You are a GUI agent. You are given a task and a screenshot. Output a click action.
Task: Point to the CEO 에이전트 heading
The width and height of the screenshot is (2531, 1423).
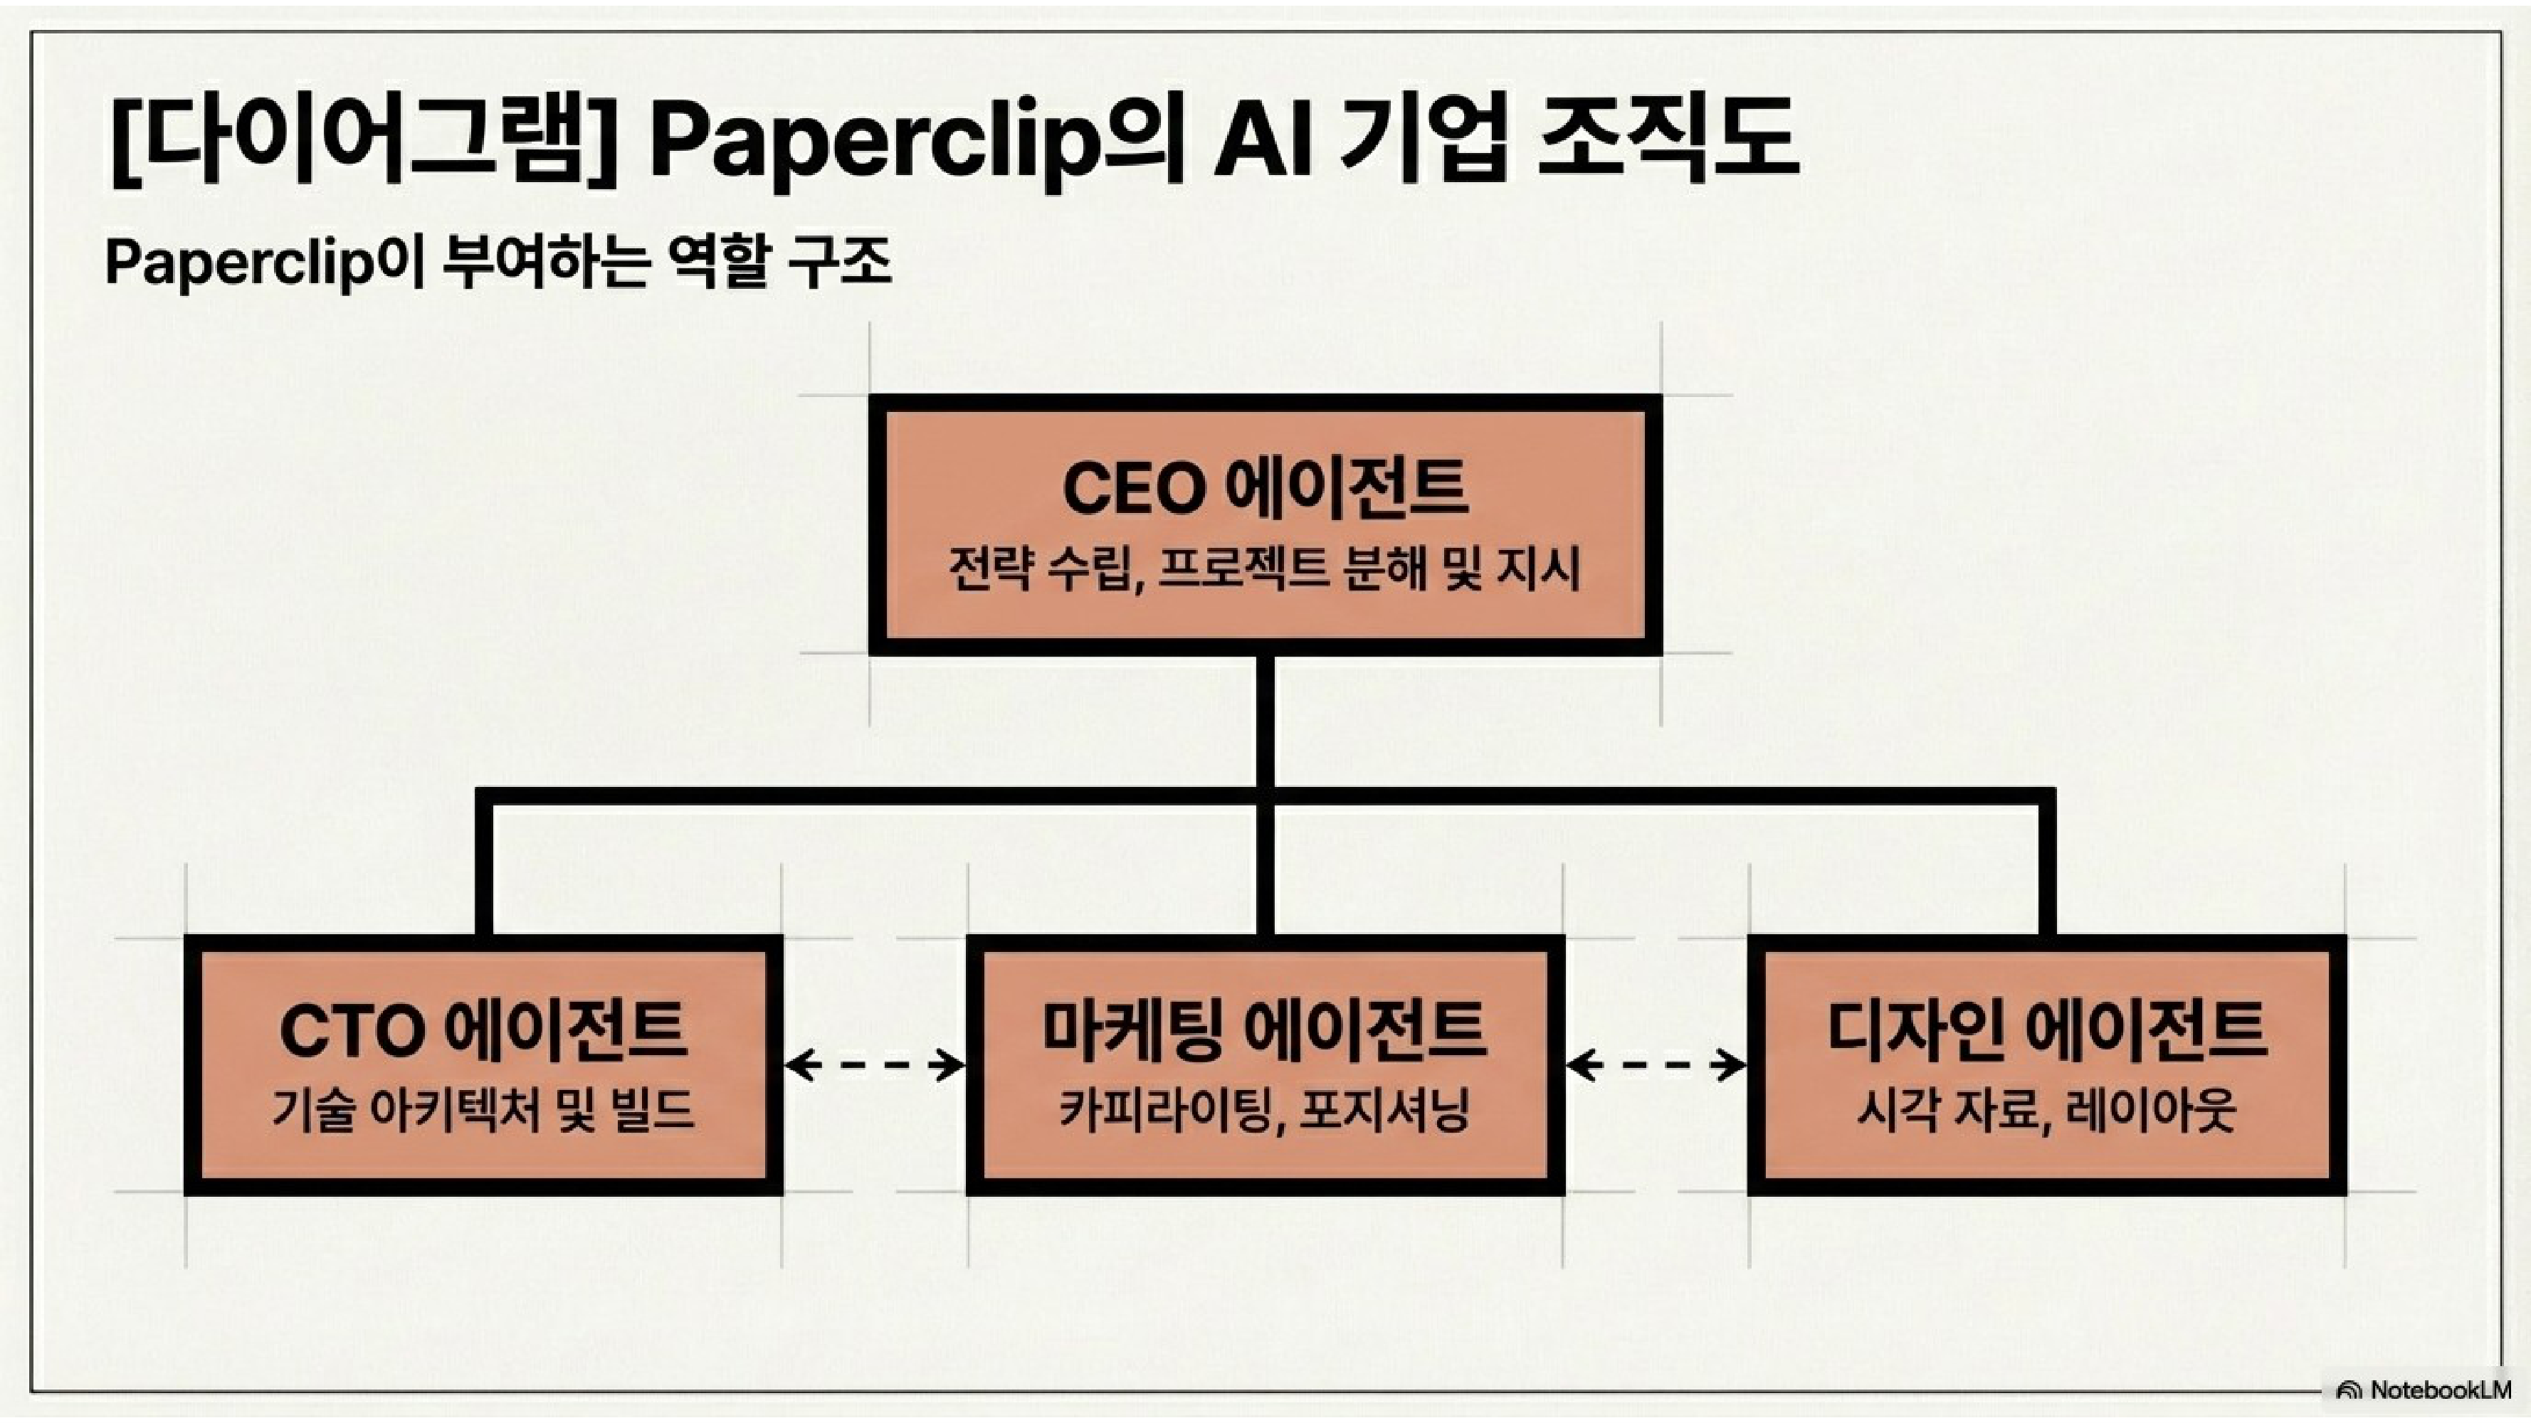pos(1265,488)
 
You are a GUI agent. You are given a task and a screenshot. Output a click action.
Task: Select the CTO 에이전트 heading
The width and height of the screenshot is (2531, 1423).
pos(483,1030)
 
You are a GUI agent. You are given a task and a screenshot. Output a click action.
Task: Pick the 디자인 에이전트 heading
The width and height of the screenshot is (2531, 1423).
pos(2046,1030)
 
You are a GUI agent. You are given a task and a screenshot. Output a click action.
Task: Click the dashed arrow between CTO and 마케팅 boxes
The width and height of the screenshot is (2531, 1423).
pos(875,1064)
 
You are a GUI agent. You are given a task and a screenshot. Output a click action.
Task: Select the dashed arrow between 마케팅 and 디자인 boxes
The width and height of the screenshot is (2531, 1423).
pos(1656,1064)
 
